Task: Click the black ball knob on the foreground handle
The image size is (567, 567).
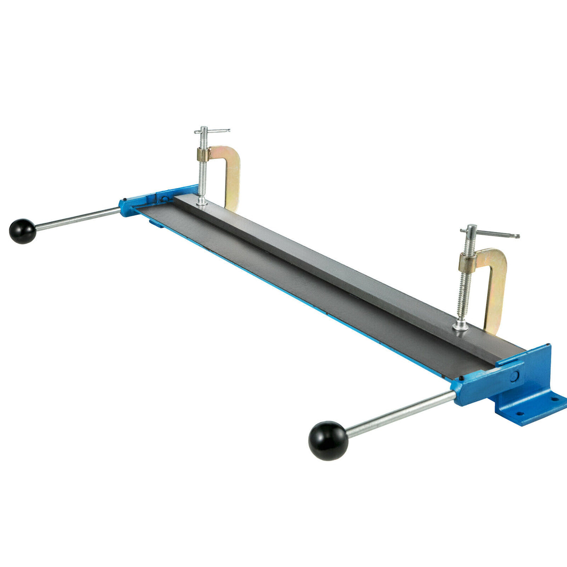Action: [328, 440]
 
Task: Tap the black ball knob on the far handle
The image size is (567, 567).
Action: [22, 231]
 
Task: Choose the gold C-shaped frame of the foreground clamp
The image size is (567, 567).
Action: [496, 288]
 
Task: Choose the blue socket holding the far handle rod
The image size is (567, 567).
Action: [127, 208]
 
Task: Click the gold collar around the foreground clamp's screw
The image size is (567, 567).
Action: [468, 261]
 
